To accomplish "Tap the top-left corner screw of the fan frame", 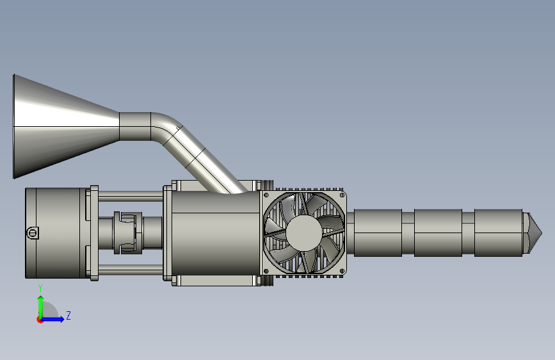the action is point(266,195).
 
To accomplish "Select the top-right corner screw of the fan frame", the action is point(342,195).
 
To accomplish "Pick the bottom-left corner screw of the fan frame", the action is point(266,271).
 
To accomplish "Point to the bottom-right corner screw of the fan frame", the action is point(342,271).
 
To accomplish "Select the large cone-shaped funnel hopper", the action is point(66,126).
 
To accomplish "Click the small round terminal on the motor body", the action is point(32,233).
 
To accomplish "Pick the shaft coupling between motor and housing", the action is point(127,233).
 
